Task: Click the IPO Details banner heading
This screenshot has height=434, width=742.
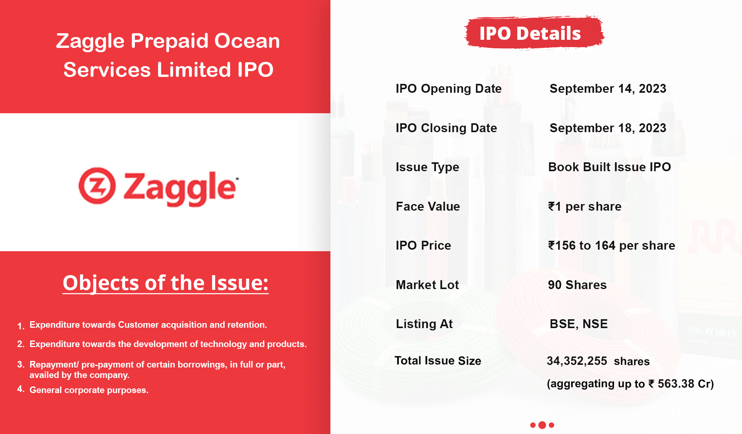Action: (530, 33)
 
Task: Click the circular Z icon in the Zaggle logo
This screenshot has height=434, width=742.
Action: (97, 186)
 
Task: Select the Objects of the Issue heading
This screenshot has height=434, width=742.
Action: (165, 283)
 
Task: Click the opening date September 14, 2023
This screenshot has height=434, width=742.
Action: (608, 89)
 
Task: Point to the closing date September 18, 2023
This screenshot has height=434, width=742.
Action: (608, 128)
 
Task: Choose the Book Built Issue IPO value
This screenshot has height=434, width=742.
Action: (609, 167)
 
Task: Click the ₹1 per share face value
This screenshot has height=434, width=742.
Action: (585, 206)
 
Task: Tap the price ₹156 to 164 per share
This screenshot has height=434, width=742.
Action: (611, 245)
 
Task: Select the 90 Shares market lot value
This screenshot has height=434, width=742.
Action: (577, 285)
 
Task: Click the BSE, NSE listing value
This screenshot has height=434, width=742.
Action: (579, 324)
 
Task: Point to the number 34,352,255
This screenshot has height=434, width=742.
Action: (577, 361)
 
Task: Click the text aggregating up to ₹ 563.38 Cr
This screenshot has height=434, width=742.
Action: (630, 384)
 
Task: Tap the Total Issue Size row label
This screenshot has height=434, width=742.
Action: (438, 361)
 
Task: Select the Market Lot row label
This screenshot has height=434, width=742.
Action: (427, 285)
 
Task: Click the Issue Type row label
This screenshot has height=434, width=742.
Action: (427, 167)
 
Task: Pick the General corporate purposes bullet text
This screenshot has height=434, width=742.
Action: (89, 390)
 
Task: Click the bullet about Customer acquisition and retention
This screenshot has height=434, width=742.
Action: (148, 325)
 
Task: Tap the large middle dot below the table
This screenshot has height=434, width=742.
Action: (542, 425)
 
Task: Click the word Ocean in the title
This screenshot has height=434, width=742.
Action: (247, 41)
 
